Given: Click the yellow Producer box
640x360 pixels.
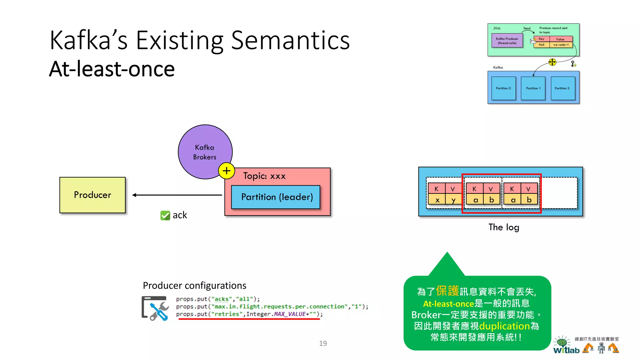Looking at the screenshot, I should tap(92, 195).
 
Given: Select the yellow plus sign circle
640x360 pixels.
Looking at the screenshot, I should tap(227, 171).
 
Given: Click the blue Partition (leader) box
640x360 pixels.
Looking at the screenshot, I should tap(276, 197).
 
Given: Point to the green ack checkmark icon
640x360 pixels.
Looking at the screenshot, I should tap(165, 215).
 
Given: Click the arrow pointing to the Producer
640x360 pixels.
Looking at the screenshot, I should tap(177, 195).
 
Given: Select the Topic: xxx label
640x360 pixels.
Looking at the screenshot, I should tap(264, 176).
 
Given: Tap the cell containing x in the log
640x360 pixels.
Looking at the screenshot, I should tap(437, 200).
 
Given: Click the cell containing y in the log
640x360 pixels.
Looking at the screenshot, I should tap(453, 200).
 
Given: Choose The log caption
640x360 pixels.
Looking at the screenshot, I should tap(504, 227).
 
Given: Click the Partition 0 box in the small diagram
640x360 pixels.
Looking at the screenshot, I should tap(503, 88).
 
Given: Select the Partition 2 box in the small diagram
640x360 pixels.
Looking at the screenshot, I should tap(562, 88).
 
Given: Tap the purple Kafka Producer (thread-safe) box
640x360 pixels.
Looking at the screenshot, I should tap(507, 41).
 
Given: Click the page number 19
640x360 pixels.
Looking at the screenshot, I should tap(323, 343).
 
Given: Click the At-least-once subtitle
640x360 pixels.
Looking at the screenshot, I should tap(112, 69).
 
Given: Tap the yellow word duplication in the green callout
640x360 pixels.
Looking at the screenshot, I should tap(504, 326).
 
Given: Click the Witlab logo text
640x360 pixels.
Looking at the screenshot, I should tap(566, 350).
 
